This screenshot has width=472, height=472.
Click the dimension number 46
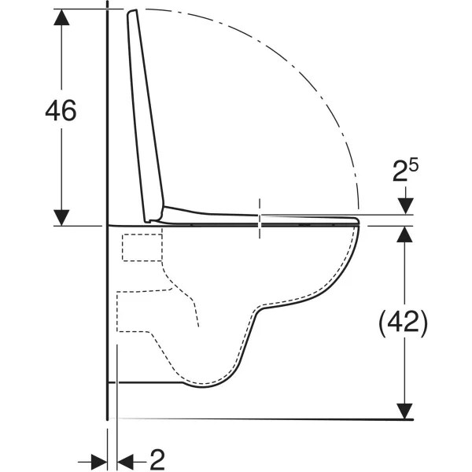coord(61,110)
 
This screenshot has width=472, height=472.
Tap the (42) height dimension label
coord(403,323)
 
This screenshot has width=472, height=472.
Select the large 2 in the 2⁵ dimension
coord(400,171)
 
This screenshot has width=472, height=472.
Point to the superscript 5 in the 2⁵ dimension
coord(414,166)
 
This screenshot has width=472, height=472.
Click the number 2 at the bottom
coord(157,459)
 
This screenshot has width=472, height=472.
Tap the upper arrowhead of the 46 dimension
coord(61,17)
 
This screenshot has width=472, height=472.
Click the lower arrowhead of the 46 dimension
coord(61,218)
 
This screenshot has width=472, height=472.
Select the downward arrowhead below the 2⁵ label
coord(405,206)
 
